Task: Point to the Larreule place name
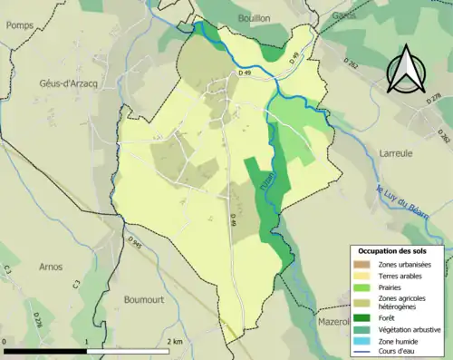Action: click(397, 153)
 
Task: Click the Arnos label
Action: click(50, 267)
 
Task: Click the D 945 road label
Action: click(136, 243)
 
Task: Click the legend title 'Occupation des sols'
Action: click(399, 249)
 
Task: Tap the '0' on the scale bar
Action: click(5, 342)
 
